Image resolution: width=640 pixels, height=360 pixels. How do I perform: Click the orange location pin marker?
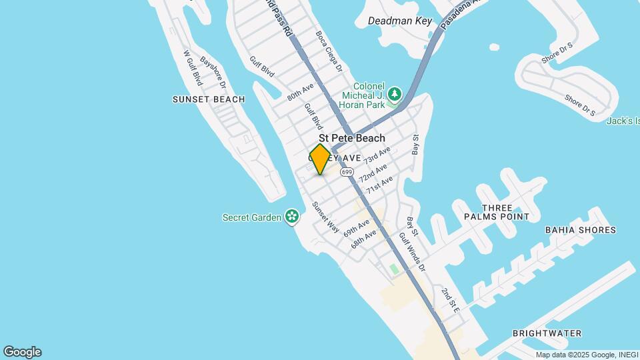320,159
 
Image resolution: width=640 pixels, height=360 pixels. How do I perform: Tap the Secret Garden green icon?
291,217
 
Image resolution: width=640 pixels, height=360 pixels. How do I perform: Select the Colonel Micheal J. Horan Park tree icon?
395,94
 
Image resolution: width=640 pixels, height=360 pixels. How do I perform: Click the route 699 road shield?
347,172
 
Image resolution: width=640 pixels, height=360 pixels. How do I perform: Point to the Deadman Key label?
400,21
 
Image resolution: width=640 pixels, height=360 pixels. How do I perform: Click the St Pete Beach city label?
351,138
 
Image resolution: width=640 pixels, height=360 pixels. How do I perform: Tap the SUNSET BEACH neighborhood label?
209,99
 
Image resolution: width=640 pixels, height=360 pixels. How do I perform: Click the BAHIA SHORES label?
580,230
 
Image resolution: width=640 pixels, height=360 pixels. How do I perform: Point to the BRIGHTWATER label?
547,333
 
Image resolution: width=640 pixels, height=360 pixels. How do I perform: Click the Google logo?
22,352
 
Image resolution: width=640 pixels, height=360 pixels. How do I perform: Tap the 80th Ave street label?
300,92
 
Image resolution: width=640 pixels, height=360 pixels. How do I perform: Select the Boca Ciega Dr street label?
329,51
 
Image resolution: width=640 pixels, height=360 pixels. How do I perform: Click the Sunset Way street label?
326,217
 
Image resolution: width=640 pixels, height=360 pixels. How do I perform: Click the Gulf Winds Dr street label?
412,252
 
